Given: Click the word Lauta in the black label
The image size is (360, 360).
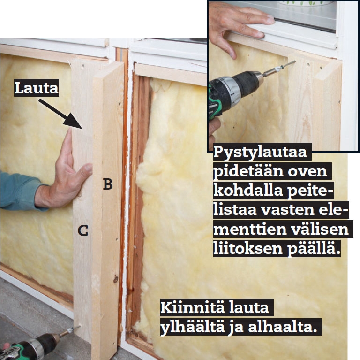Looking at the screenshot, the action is click(37, 88).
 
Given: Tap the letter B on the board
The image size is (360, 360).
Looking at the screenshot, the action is click(108, 184).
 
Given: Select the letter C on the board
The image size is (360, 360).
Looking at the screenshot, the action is click(83, 230).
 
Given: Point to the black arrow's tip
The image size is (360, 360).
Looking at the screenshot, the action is click(82, 128).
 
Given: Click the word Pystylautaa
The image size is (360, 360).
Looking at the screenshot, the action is click(260, 152).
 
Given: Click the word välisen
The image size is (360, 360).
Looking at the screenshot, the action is click(320, 229).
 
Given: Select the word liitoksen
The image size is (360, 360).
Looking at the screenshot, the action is click(248, 248).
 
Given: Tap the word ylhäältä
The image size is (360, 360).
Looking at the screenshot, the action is click(193, 327).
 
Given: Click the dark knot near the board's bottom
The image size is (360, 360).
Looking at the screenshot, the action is click(115, 279).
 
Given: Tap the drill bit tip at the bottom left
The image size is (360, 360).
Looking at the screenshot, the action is click(80, 326).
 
